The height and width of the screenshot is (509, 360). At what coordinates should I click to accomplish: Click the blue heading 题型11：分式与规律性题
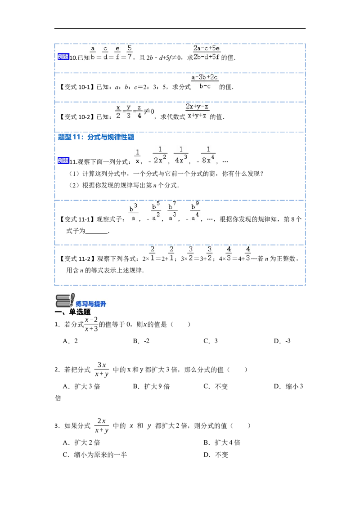[x=96, y=137]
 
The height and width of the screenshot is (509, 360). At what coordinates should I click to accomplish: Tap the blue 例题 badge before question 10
[x=63, y=57]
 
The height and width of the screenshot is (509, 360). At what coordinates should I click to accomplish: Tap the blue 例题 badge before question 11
[x=63, y=161]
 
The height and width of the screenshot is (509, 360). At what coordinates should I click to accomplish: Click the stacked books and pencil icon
[x=65, y=300]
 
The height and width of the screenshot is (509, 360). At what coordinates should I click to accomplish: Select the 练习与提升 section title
[x=91, y=304]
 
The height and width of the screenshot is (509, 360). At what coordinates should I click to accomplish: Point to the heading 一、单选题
[x=72, y=312]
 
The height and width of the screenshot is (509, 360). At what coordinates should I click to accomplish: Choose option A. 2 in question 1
[x=70, y=341]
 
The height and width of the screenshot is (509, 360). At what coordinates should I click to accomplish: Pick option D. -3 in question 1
[x=282, y=341]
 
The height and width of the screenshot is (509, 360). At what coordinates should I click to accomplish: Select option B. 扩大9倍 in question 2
[x=151, y=386]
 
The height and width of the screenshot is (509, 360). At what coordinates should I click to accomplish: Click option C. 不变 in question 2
[x=216, y=386]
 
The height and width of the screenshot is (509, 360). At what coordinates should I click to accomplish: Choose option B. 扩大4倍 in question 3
[x=222, y=442]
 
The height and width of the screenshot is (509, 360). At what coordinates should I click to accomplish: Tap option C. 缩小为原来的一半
[x=95, y=455]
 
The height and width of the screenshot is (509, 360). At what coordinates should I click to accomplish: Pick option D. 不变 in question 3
[x=216, y=455]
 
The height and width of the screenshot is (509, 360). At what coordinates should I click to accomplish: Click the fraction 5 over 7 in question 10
[x=130, y=52]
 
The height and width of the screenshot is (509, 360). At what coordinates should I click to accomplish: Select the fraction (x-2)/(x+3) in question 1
[x=91, y=324]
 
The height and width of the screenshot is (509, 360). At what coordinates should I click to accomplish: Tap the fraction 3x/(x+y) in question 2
[x=102, y=370]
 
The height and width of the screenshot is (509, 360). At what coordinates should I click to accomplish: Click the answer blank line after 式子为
[x=96, y=233]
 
